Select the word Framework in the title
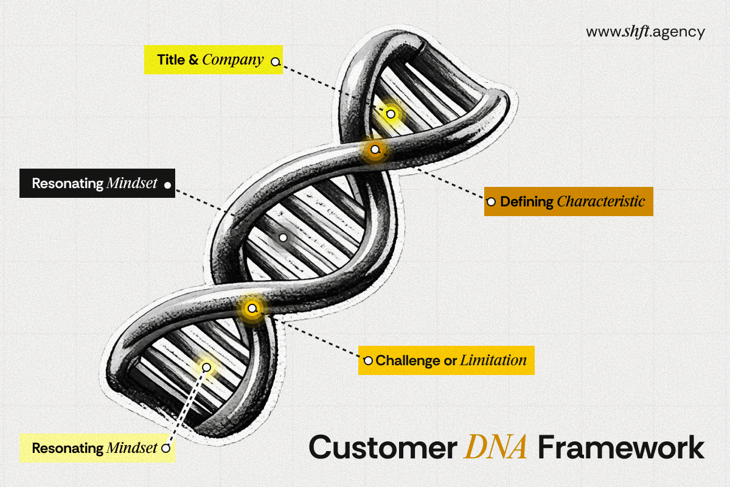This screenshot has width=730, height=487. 621,447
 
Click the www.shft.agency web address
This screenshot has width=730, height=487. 645,32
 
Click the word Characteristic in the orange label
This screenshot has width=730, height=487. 600,201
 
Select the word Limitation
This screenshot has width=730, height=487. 493,360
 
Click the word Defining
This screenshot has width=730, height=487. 527,202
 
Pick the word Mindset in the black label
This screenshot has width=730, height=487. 132,183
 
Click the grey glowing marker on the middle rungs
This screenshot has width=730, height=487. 283,238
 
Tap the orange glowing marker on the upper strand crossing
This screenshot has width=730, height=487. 375,149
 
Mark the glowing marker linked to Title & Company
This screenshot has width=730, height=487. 391,114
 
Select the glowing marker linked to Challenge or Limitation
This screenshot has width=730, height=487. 252,308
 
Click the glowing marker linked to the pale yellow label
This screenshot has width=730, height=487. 206,367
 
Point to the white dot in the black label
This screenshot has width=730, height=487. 167,185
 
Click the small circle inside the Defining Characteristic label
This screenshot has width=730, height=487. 491,202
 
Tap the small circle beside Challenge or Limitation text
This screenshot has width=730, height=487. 368,361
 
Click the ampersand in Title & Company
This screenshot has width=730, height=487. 193,60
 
